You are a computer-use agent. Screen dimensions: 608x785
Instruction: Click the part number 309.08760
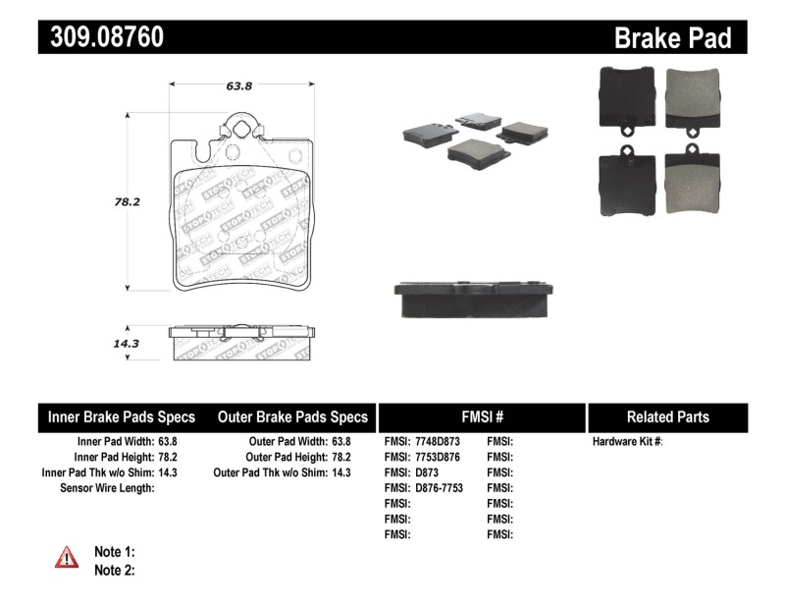(x=102, y=37)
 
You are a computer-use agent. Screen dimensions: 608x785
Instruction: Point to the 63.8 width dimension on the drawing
(x=240, y=86)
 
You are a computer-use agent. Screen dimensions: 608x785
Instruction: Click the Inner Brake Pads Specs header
(x=122, y=416)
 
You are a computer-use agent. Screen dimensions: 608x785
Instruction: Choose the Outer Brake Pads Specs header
(x=292, y=416)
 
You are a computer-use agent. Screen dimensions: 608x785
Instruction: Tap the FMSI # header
(x=481, y=416)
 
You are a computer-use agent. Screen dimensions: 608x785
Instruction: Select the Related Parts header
(x=667, y=416)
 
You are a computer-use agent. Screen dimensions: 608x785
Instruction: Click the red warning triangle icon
(x=67, y=558)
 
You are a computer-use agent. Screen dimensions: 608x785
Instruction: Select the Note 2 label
(x=114, y=570)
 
